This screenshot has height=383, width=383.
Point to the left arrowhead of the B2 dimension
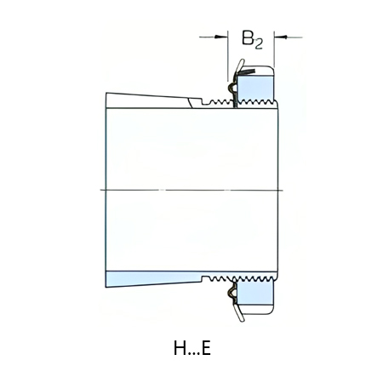(x=226, y=37)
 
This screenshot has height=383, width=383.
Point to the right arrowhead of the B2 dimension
(x=278, y=37)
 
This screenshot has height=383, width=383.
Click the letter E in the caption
(x=205, y=348)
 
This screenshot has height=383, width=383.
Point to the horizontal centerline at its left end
(x=100, y=187)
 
